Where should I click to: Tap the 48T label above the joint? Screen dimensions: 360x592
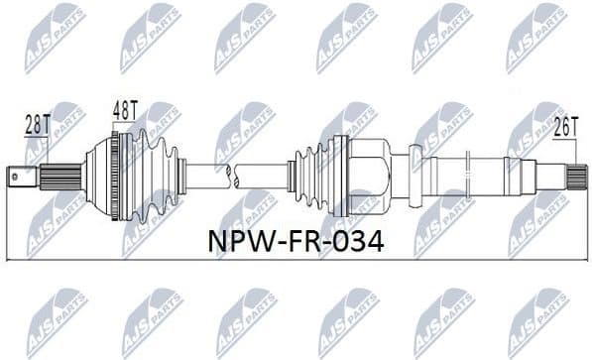coord(126,107)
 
